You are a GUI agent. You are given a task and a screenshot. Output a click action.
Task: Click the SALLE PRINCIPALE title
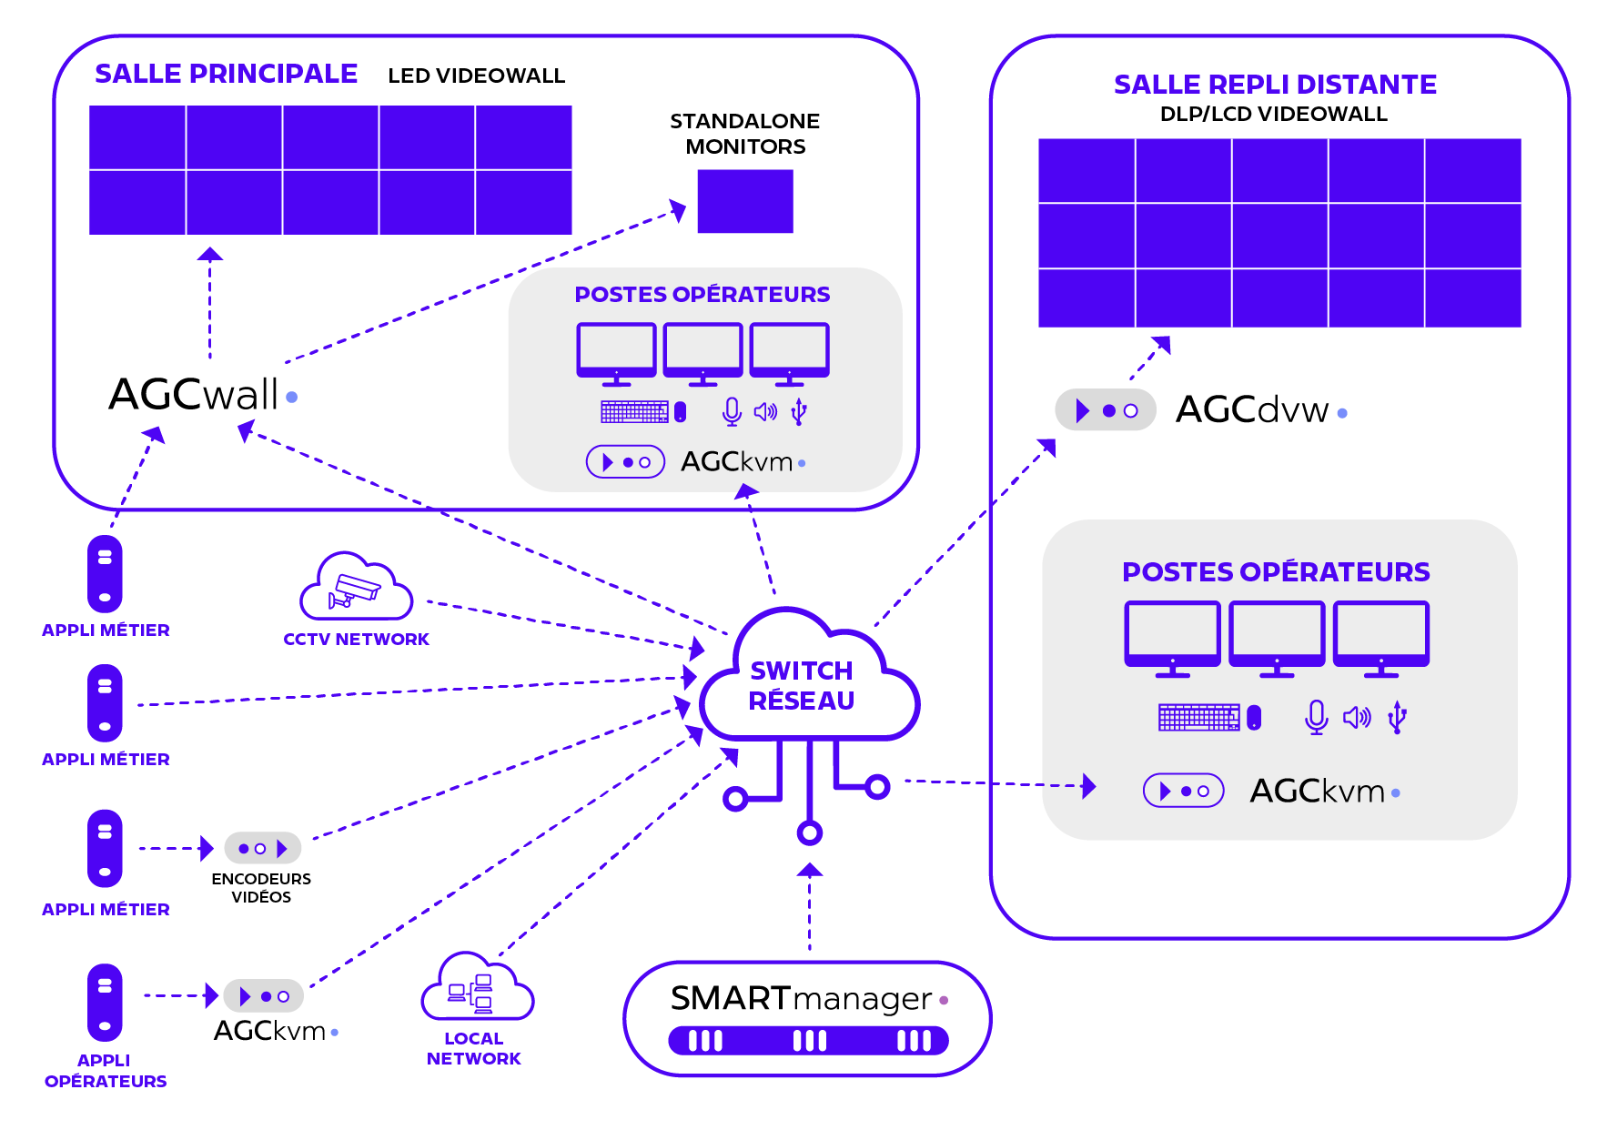point(227,74)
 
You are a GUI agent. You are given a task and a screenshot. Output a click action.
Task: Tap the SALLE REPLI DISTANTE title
point(1275,85)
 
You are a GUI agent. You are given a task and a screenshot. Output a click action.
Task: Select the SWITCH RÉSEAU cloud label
point(801,686)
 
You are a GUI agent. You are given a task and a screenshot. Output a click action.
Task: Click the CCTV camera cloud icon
point(356,587)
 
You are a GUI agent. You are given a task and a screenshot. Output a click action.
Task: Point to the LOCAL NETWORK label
point(473,1048)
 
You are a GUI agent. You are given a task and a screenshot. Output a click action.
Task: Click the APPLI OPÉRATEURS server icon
point(105,1002)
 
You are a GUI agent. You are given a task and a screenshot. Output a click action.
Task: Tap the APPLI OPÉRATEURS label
point(106,1071)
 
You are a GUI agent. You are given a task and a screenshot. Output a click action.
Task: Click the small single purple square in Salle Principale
point(744,201)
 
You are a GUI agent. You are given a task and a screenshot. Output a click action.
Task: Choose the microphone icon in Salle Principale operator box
point(732,412)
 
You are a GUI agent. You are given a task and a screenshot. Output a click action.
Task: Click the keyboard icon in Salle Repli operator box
point(1198,717)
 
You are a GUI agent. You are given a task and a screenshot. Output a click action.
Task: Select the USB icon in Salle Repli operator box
point(1398,717)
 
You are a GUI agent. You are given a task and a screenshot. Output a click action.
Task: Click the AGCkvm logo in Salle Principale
point(737,462)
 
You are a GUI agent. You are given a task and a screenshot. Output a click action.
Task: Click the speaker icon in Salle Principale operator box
point(765,412)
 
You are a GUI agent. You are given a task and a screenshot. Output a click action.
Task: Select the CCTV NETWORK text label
point(357,640)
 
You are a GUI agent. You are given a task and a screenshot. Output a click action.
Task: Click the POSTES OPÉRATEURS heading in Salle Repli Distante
point(1276,572)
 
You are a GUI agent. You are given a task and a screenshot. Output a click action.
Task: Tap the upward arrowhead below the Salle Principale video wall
point(210,255)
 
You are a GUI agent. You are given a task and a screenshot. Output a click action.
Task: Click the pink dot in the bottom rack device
point(944,1000)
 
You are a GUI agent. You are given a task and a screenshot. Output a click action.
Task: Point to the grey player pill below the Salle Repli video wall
point(1105,410)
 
